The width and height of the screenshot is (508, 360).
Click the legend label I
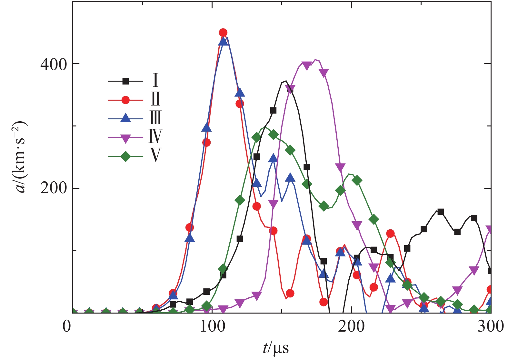(155, 80)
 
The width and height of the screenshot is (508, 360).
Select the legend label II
(155, 99)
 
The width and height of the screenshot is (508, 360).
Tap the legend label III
(155, 118)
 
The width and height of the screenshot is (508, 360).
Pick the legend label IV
(155, 136)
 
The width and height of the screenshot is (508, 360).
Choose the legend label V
(155, 155)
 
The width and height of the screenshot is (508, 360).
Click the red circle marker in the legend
(125, 100)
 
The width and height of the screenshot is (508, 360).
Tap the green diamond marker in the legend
(125, 156)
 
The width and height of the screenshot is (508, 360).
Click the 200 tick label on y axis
(53, 188)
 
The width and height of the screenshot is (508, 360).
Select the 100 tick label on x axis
(212, 327)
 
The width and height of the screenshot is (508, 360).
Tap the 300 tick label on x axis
(491, 327)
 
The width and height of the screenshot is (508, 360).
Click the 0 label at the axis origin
(67, 327)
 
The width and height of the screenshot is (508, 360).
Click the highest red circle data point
(223, 33)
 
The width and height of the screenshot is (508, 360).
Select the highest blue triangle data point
(224, 41)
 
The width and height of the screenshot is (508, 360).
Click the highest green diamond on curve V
(273, 135)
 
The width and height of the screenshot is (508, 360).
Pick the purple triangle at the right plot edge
(490, 230)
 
